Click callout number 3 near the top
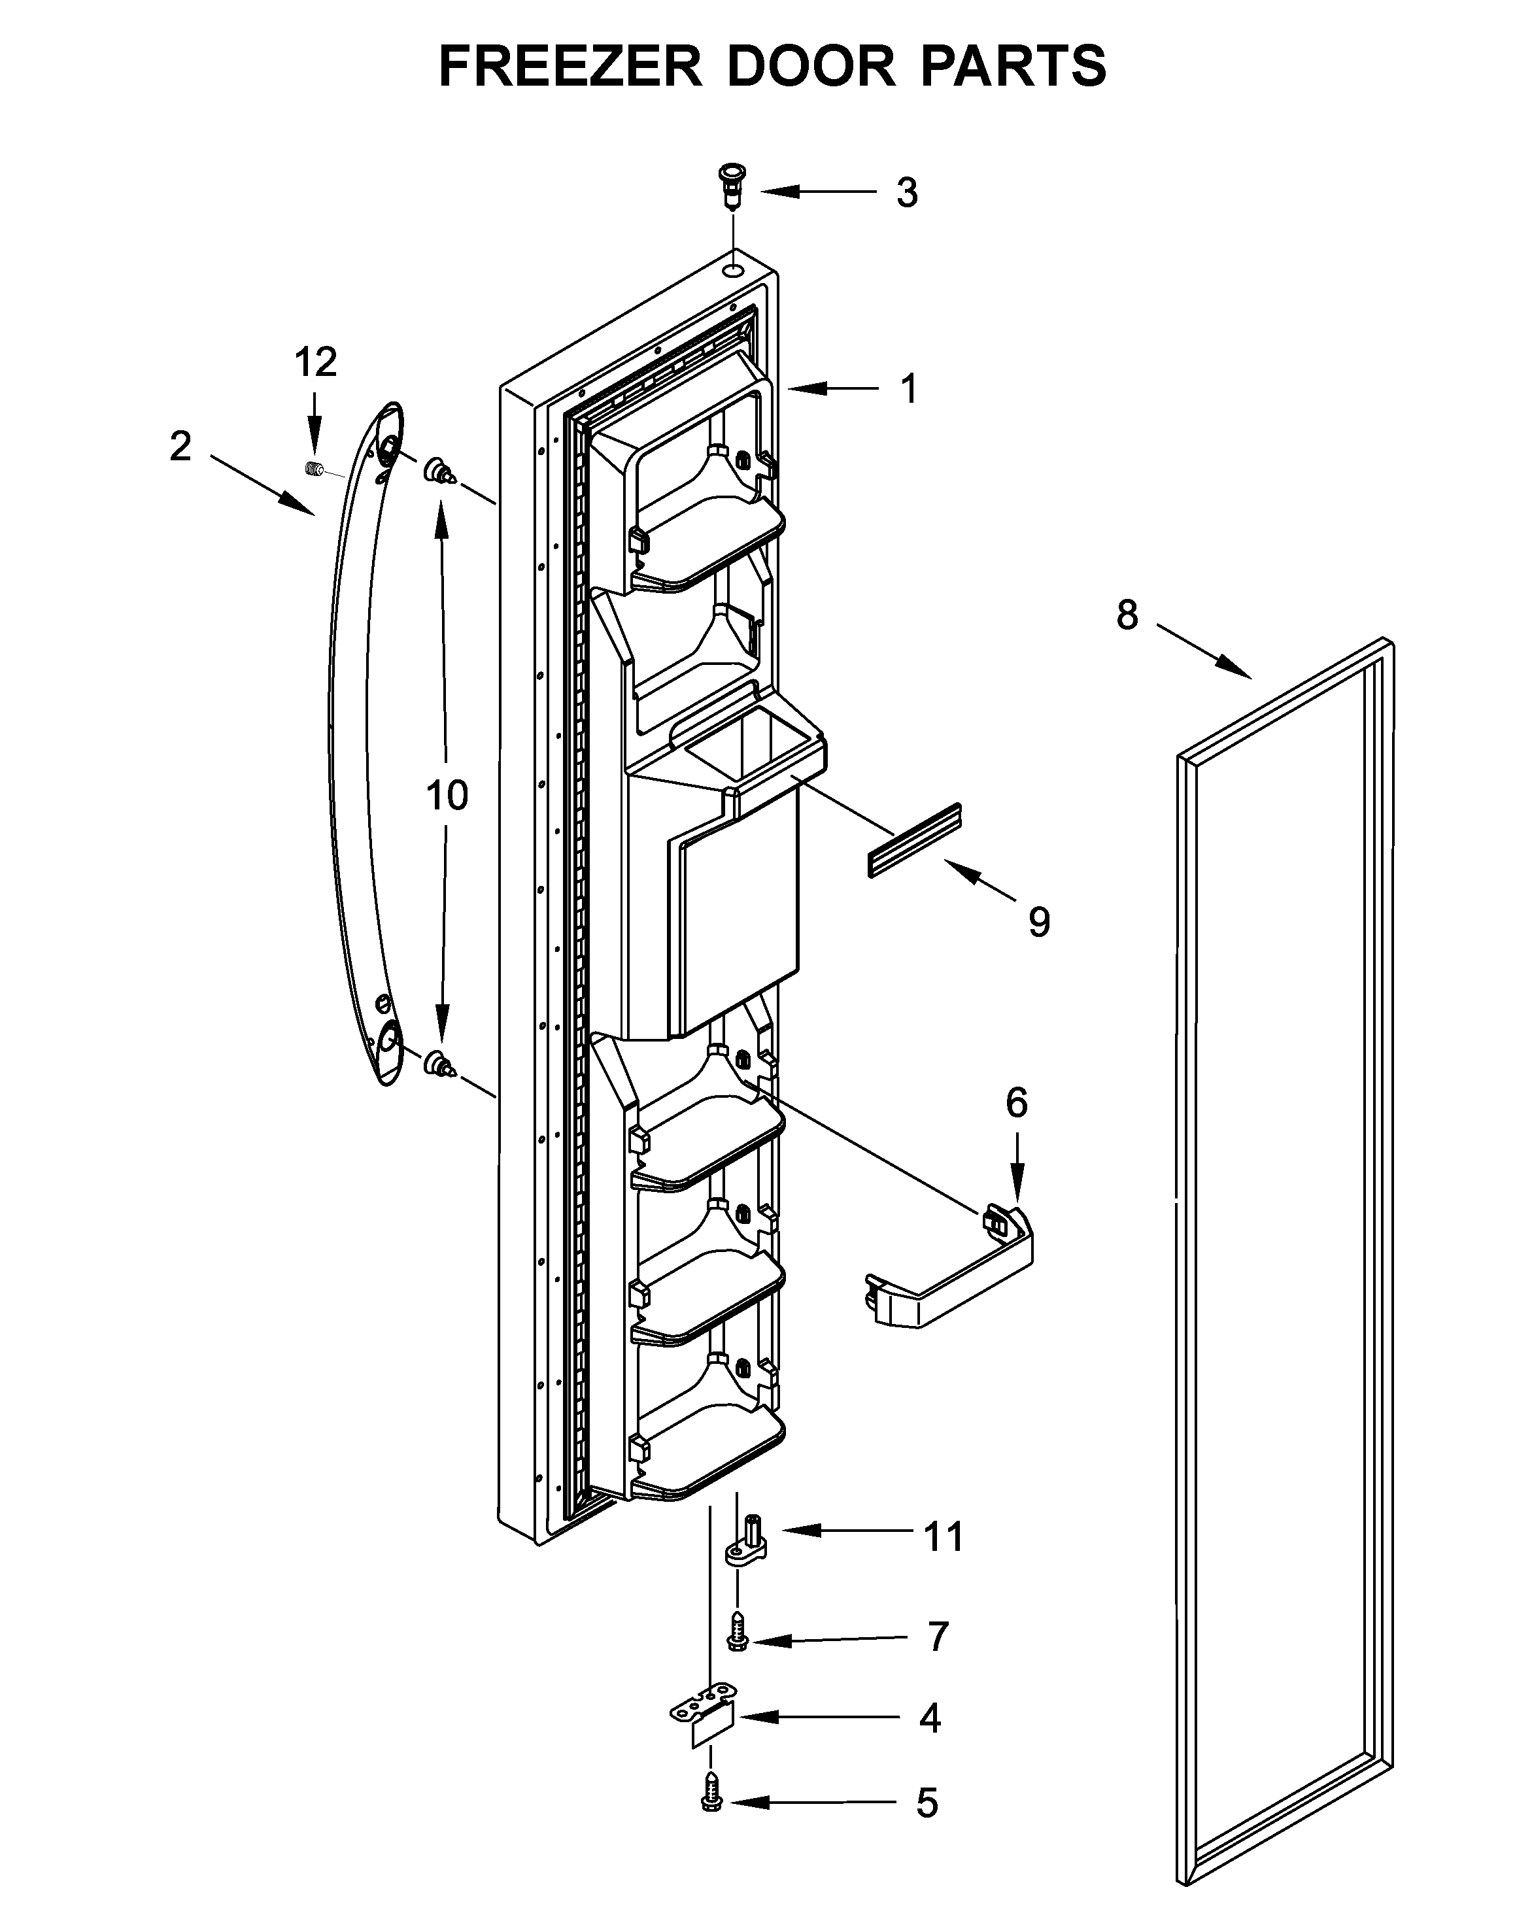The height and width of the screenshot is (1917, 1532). coord(906,193)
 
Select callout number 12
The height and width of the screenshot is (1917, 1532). coord(316,362)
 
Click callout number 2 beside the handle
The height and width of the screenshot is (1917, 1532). coord(180,447)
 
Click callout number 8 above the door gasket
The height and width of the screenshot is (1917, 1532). coord(1127,615)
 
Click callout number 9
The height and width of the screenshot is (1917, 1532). coord(1038,922)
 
